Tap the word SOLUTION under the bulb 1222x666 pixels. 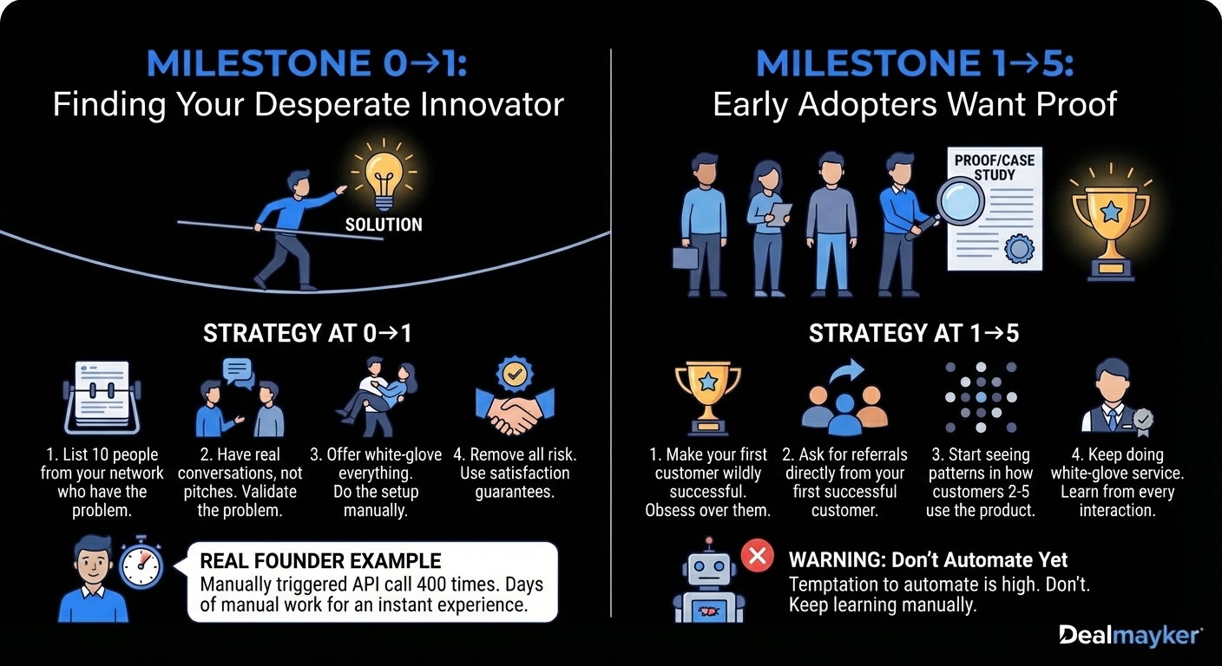click(x=384, y=225)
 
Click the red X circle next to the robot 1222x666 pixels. click(x=756, y=553)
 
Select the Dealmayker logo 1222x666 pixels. click(x=1130, y=636)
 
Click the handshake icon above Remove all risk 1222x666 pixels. click(x=514, y=401)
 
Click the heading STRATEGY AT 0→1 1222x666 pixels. click(x=307, y=334)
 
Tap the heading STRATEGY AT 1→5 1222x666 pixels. click(x=914, y=334)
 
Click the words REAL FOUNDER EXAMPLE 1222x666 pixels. click(x=320, y=560)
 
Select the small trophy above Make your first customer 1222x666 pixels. click(x=707, y=397)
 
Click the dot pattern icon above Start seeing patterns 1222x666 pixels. click(x=981, y=396)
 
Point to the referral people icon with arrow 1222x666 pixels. click(x=841, y=400)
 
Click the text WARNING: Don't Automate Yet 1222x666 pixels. click(x=928, y=560)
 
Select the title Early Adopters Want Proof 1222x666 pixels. click(x=914, y=105)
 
